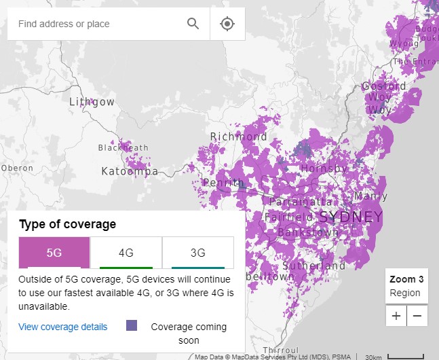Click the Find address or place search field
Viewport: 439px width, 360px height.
95,24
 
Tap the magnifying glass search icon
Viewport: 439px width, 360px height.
193,24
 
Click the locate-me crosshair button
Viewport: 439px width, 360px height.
227,24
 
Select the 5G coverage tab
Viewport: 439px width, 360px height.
54,253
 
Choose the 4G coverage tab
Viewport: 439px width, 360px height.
126,253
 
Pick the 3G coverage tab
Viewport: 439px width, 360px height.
197,253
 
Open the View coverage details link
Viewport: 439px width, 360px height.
63,327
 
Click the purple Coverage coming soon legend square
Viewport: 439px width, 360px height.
132,325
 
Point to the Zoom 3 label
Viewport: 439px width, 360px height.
406,279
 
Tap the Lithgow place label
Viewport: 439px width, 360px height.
92,102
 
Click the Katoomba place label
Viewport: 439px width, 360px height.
130,171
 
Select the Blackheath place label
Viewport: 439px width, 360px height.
123,147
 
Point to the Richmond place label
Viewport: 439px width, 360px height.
238,137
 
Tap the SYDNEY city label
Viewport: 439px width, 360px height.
350,217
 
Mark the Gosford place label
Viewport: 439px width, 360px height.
384,86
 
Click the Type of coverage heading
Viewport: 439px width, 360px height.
67,224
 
